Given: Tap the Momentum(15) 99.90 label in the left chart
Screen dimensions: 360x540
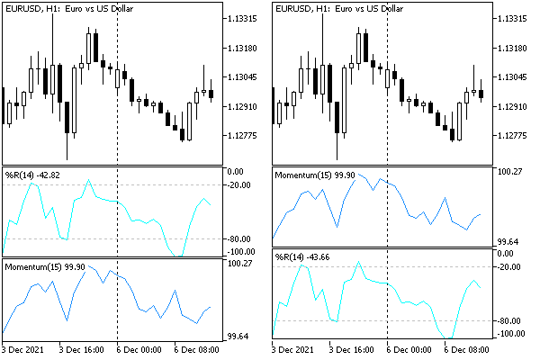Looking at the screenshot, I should click(44, 267).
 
